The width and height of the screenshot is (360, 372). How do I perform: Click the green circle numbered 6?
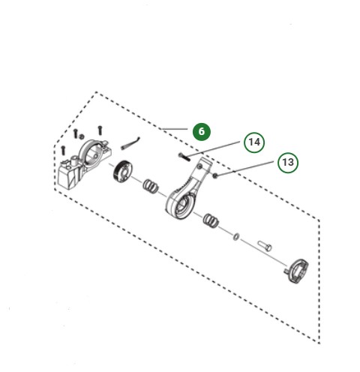point(201,130)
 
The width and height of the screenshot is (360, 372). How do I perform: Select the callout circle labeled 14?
point(254,141)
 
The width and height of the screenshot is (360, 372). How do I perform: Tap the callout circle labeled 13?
point(286,162)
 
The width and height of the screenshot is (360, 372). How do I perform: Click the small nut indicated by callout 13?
point(214,175)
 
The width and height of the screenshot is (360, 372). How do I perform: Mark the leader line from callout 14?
point(217,148)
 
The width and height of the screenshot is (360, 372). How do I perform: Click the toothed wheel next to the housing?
point(121,171)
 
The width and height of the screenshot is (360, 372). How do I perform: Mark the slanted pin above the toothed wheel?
point(133,141)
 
